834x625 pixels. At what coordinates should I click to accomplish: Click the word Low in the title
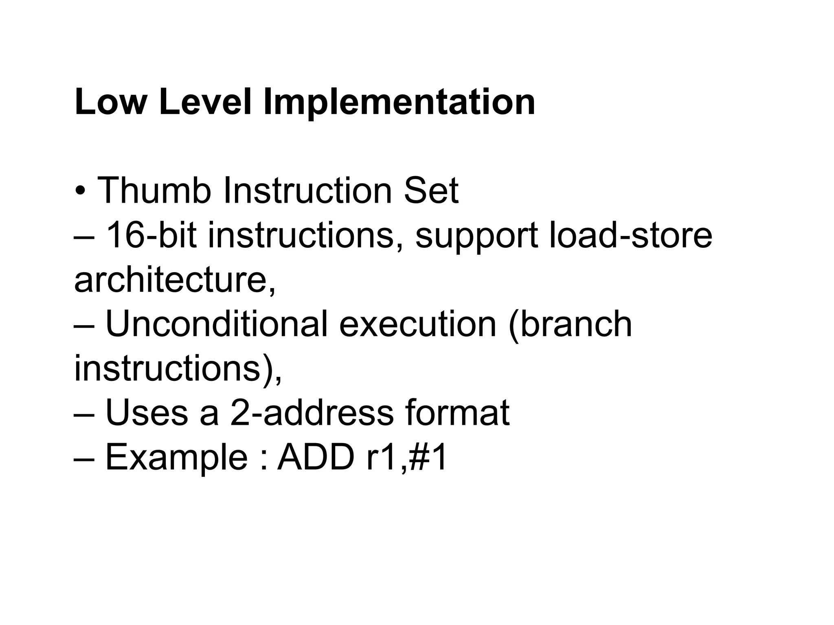[x=110, y=102]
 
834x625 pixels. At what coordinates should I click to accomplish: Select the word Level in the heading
[x=205, y=102]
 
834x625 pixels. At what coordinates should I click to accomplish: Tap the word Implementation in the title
[x=399, y=102]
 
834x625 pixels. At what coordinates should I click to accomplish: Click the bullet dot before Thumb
[x=81, y=192]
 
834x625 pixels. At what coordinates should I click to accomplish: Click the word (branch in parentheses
[x=570, y=325]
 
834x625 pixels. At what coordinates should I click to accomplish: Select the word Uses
[x=146, y=413]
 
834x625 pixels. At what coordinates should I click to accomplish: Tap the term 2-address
[x=312, y=413]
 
